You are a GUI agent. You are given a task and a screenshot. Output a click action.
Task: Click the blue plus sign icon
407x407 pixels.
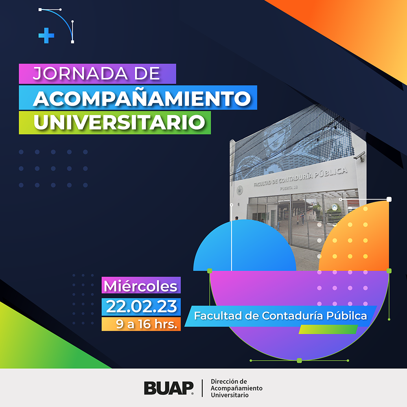[x=46, y=35]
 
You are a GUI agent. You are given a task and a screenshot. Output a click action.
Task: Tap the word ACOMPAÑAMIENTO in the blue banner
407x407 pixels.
[x=142, y=98]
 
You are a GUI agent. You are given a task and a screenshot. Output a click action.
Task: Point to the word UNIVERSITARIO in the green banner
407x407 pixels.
[x=119, y=122]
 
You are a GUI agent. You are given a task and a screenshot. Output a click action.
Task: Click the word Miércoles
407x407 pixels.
[x=140, y=286]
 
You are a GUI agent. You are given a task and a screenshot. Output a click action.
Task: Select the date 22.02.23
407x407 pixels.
[x=142, y=306]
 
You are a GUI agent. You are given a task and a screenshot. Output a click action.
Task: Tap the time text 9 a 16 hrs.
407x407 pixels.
[x=147, y=324]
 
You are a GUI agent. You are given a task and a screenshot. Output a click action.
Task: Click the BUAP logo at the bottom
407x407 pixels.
[x=169, y=388]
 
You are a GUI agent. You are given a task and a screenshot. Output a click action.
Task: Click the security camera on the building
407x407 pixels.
[x=360, y=156]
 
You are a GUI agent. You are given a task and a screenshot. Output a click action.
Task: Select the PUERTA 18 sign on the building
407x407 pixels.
[x=289, y=187]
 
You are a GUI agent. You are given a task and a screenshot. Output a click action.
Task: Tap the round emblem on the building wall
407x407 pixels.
[x=240, y=190]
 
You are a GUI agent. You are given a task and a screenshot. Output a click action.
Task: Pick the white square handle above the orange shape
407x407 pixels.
[x=389, y=199]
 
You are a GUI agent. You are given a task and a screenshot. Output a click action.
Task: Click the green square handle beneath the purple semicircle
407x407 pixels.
[x=299, y=361]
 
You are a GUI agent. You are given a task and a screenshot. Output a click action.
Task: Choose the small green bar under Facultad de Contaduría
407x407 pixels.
[x=328, y=329]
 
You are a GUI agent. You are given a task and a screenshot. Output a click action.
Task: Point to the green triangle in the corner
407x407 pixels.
[x=39, y=343]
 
